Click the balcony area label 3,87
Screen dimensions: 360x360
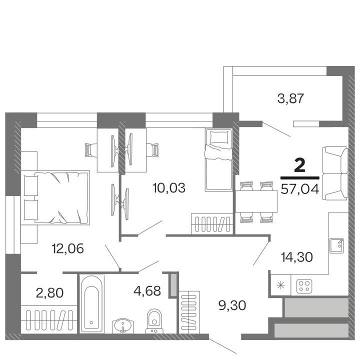click(x=291, y=98)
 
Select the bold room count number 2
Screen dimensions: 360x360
click(x=300, y=165)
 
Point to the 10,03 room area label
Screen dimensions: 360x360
click(x=168, y=188)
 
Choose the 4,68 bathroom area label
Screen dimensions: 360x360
click(x=146, y=291)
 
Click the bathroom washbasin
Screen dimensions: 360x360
click(x=121, y=325)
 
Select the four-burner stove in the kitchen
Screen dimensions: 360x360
click(x=304, y=286)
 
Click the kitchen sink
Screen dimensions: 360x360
click(x=336, y=245)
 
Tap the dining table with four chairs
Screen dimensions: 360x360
click(x=256, y=201)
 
